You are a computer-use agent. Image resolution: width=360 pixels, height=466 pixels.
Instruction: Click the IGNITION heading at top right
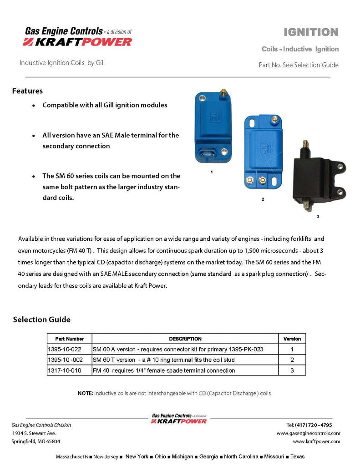point(311,32)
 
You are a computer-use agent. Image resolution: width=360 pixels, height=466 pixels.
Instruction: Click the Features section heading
point(27,91)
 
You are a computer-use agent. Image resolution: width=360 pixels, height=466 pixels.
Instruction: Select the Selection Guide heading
point(42,319)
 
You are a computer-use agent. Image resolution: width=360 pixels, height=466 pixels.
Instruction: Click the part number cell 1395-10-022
point(64,349)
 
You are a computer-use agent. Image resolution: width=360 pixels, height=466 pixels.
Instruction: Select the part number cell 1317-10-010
point(64,370)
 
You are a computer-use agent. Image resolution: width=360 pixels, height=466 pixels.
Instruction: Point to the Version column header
point(292,339)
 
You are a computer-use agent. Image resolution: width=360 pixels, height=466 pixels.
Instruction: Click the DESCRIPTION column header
point(185,339)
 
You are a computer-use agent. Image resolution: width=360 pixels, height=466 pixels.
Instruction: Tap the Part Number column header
point(70,339)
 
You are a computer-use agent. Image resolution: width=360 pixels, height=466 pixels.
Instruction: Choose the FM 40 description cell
point(164,370)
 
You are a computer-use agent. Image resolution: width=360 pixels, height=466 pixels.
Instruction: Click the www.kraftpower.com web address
point(316,441)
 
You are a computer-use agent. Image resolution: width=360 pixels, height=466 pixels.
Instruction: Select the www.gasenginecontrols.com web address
point(308,433)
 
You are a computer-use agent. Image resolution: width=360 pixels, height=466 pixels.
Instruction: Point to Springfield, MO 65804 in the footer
point(35,441)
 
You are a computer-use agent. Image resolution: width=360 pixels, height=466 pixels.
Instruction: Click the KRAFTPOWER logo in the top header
point(77,42)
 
